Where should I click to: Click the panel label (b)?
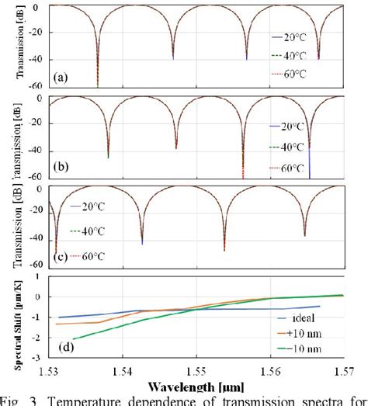[x=61, y=166]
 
